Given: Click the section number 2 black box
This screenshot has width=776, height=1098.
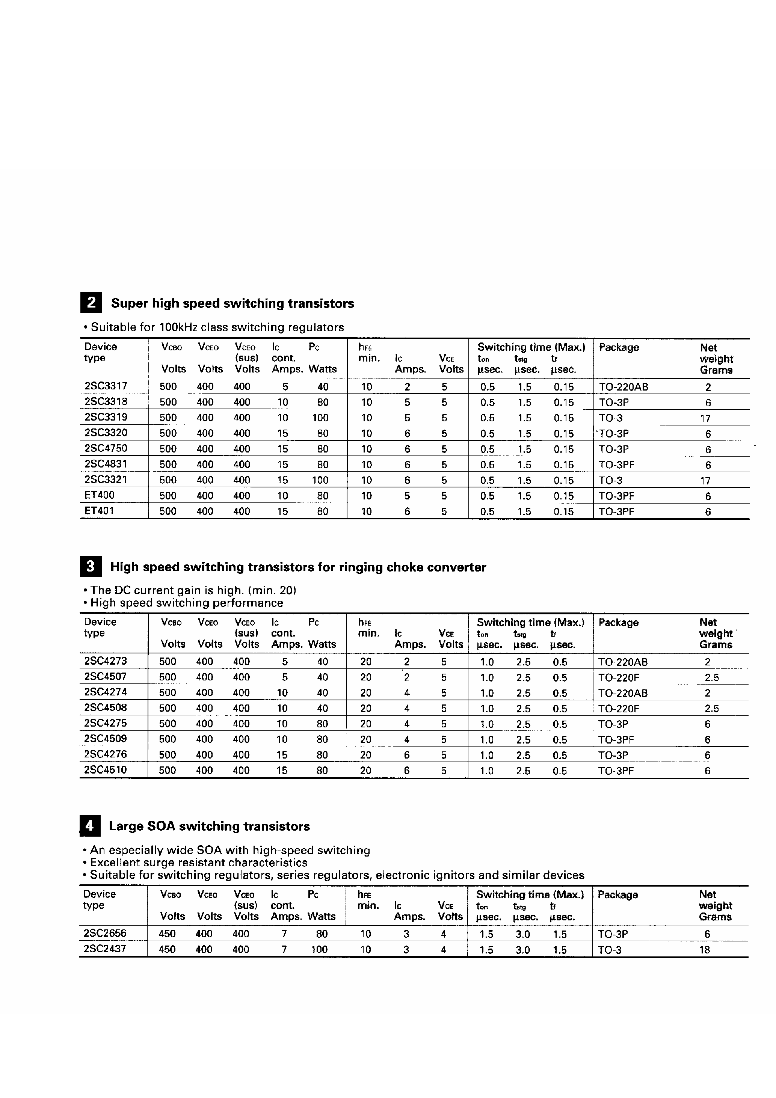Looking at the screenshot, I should click(91, 303).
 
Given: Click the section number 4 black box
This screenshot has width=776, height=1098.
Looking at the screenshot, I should click(90, 826).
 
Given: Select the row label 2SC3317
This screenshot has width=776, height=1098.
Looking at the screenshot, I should click(106, 385).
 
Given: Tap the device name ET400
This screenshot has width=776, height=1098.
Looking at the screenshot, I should click(100, 495).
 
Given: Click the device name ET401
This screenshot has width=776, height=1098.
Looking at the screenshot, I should click(100, 510).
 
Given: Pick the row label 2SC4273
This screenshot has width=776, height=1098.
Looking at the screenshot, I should click(105, 661).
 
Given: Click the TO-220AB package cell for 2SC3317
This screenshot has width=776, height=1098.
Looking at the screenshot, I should click(624, 387).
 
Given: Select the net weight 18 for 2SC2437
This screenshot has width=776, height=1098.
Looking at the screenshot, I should click(704, 950).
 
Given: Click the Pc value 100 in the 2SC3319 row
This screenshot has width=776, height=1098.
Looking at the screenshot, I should click(320, 418).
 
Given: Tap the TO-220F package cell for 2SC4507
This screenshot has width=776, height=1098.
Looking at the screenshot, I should click(619, 677).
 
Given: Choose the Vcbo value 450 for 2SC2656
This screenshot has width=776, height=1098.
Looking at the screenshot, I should click(167, 934).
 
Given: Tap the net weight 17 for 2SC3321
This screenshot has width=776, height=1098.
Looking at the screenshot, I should click(705, 481).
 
